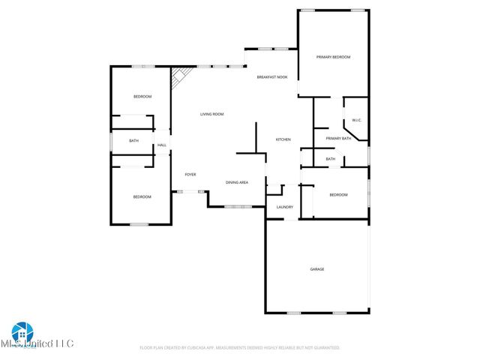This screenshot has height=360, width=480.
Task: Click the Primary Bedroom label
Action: pyautogui.click(x=333, y=57)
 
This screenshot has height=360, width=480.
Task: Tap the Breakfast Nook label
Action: pyautogui.click(x=271, y=77)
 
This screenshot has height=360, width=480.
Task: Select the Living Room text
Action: pyautogui.click(x=211, y=114)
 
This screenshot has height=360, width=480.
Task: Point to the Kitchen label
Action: pyautogui.click(x=283, y=139)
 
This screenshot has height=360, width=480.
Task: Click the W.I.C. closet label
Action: pyautogui.click(x=357, y=120)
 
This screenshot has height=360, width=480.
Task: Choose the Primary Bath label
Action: pyautogui.click(x=338, y=138)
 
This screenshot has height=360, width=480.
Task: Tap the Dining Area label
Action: pyautogui.click(x=237, y=182)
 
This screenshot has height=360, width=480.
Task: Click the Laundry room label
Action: pyautogui.click(x=284, y=207)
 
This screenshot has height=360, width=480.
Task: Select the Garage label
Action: pyautogui.click(x=317, y=268)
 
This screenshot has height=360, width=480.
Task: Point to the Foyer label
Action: pyautogui.click(x=190, y=174)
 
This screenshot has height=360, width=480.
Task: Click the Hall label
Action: pyautogui.click(x=161, y=145)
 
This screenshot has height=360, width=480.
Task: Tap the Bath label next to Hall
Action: pyautogui.click(x=133, y=141)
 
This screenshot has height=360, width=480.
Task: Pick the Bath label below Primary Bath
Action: pyautogui.click(x=330, y=159)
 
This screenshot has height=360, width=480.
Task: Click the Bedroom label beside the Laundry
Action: pyautogui.click(x=338, y=195)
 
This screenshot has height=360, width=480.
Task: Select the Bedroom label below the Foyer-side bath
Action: pyautogui.click(x=142, y=196)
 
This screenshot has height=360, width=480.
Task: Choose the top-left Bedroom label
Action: pyautogui.click(x=142, y=97)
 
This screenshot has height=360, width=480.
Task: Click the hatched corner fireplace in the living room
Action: pyautogui.click(x=178, y=76)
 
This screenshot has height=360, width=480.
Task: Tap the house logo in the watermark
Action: pyautogui.click(x=21, y=331)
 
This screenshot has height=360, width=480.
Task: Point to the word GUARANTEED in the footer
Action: pyautogui.click(x=326, y=348)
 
